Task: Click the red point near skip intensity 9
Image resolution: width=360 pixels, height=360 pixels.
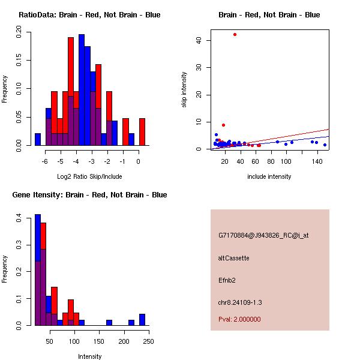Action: pyautogui.click(x=223, y=125)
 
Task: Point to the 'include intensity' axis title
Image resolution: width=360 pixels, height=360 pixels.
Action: pyautogui.click(x=269, y=176)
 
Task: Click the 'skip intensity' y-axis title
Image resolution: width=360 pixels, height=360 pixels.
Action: pyautogui.click(x=185, y=89)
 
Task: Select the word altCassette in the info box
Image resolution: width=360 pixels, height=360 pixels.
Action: pyautogui.click(x=234, y=258)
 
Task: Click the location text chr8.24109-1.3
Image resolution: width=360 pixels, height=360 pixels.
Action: pyautogui.click(x=240, y=302)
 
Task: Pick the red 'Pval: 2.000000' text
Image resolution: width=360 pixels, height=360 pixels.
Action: pyautogui.click(x=239, y=319)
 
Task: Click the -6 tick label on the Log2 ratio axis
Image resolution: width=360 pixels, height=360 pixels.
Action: pyautogui.click(x=45, y=161)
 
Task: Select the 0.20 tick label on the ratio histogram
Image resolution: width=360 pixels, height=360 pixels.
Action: pyautogui.click(x=20, y=35)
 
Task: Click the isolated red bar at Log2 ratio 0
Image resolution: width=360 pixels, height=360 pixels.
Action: pyautogui.click(x=142, y=131)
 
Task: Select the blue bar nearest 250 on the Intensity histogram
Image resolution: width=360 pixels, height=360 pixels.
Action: pyautogui.click(x=142, y=319)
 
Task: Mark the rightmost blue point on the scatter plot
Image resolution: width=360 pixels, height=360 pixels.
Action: pyautogui.click(x=325, y=145)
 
